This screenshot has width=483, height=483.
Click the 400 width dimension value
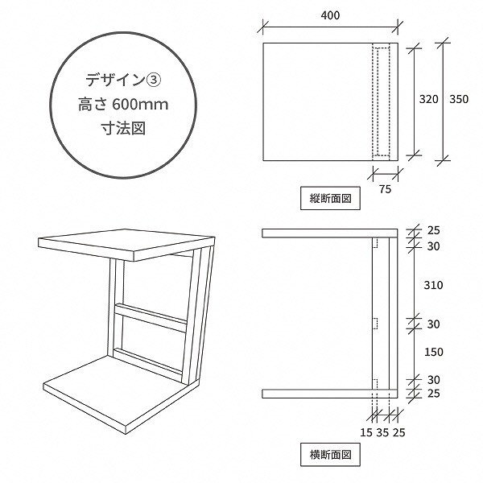(x=330, y=15)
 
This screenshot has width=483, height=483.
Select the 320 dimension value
(x=428, y=99)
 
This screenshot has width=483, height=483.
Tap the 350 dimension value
(x=459, y=99)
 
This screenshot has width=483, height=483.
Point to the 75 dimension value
(x=385, y=189)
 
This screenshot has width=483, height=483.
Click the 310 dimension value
(x=433, y=285)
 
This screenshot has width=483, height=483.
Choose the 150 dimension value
(x=434, y=352)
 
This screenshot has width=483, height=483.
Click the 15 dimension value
(x=366, y=433)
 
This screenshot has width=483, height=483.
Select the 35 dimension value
(x=382, y=433)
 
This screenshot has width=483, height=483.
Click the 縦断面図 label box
(x=330, y=198)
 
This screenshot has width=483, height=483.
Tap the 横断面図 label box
(x=330, y=455)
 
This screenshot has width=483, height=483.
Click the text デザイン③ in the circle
(x=123, y=80)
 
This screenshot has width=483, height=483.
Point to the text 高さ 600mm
(x=123, y=105)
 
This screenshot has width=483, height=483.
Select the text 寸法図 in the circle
(x=123, y=128)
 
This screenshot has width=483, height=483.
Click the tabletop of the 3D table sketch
(x=126, y=243)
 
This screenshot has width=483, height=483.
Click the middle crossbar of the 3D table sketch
(x=151, y=318)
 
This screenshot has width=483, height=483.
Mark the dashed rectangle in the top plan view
(x=382, y=102)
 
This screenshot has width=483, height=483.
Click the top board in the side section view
(x=329, y=233)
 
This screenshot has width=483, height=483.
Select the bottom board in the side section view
(x=329, y=394)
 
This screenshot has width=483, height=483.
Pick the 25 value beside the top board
(x=433, y=230)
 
